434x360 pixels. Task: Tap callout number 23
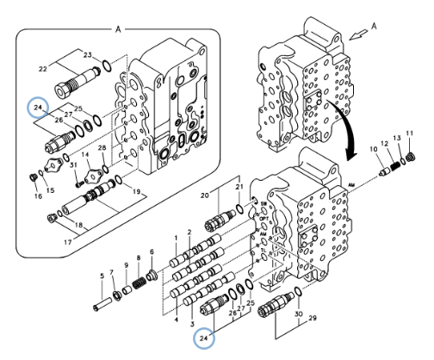click(x=88, y=54)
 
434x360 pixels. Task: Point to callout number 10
click(x=375, y=149)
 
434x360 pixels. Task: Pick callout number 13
click(x=397, y=138)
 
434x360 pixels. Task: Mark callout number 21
click(x=239, y=187)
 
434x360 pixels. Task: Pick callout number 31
click(x=74, y=166)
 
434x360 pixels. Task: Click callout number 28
click(x=102, y=149)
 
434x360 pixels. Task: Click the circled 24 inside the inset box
click(x=36, y=107)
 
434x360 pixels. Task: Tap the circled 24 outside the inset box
click(x=205, y=338)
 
